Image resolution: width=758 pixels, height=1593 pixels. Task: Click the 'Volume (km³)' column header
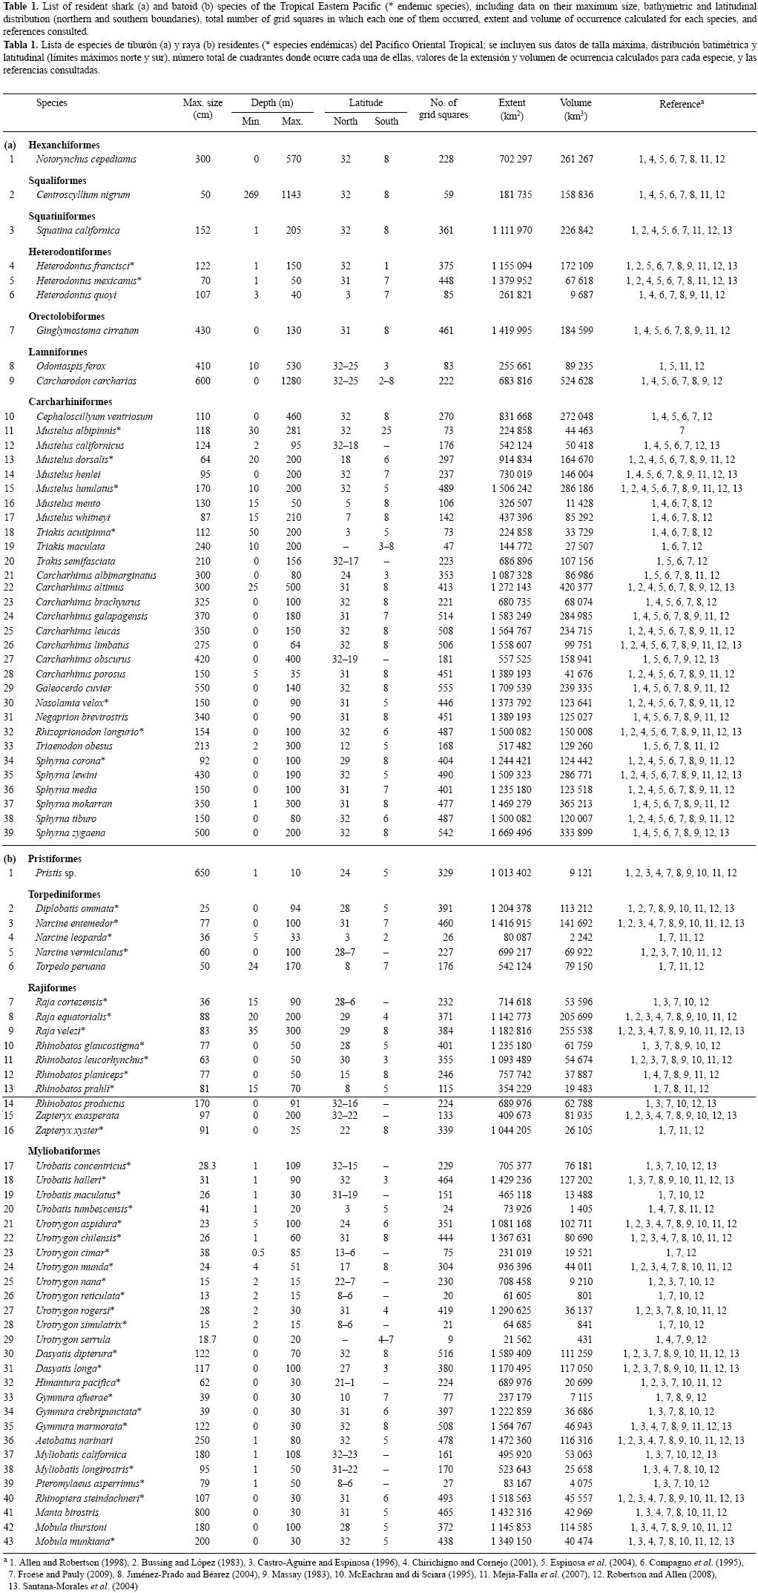tap(576, 109)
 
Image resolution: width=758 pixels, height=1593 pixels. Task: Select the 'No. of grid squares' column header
tap(443, 108)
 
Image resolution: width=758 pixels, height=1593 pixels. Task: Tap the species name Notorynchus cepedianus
tap(86, 160)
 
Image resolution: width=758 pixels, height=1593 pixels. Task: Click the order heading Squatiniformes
tap(64, 216)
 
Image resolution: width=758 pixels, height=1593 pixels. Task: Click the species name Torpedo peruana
tap(70, 967)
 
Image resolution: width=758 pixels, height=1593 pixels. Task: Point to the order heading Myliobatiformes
tap(64, 1152)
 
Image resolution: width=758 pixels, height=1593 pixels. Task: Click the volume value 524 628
tap(576, 381)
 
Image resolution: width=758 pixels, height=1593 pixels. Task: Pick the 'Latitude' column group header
tap(366, 103)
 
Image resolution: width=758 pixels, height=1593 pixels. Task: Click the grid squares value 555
tap(445, 689)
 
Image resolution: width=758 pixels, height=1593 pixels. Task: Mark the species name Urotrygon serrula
tap(73, 1340)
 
